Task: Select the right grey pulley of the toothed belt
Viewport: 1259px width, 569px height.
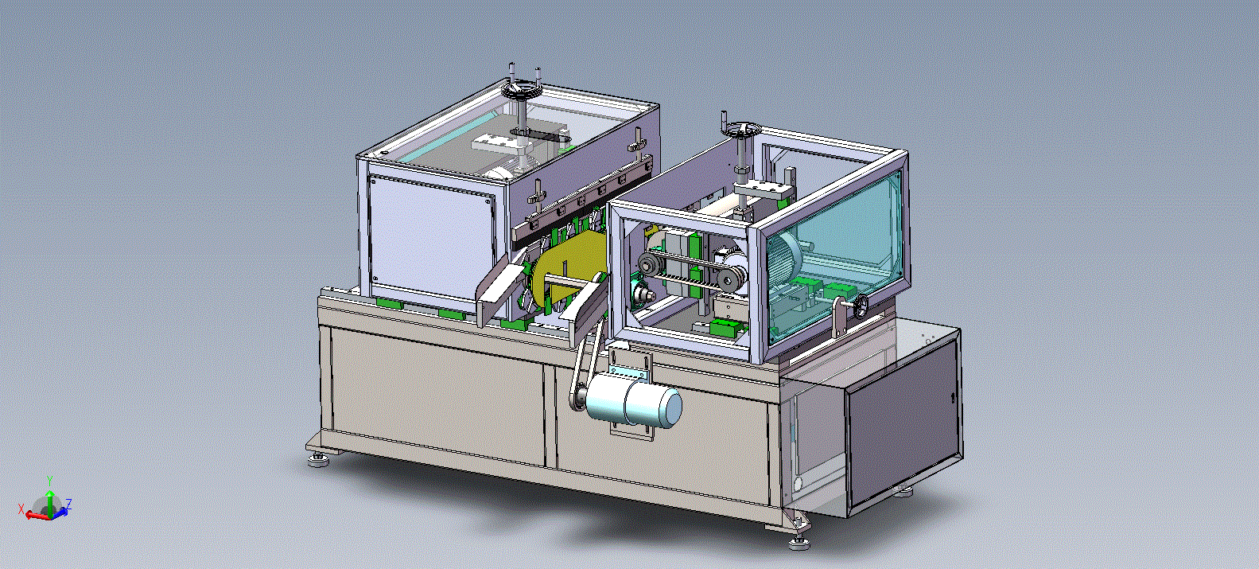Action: coord(731,277)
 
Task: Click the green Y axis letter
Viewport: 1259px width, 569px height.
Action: coord(50,481)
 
